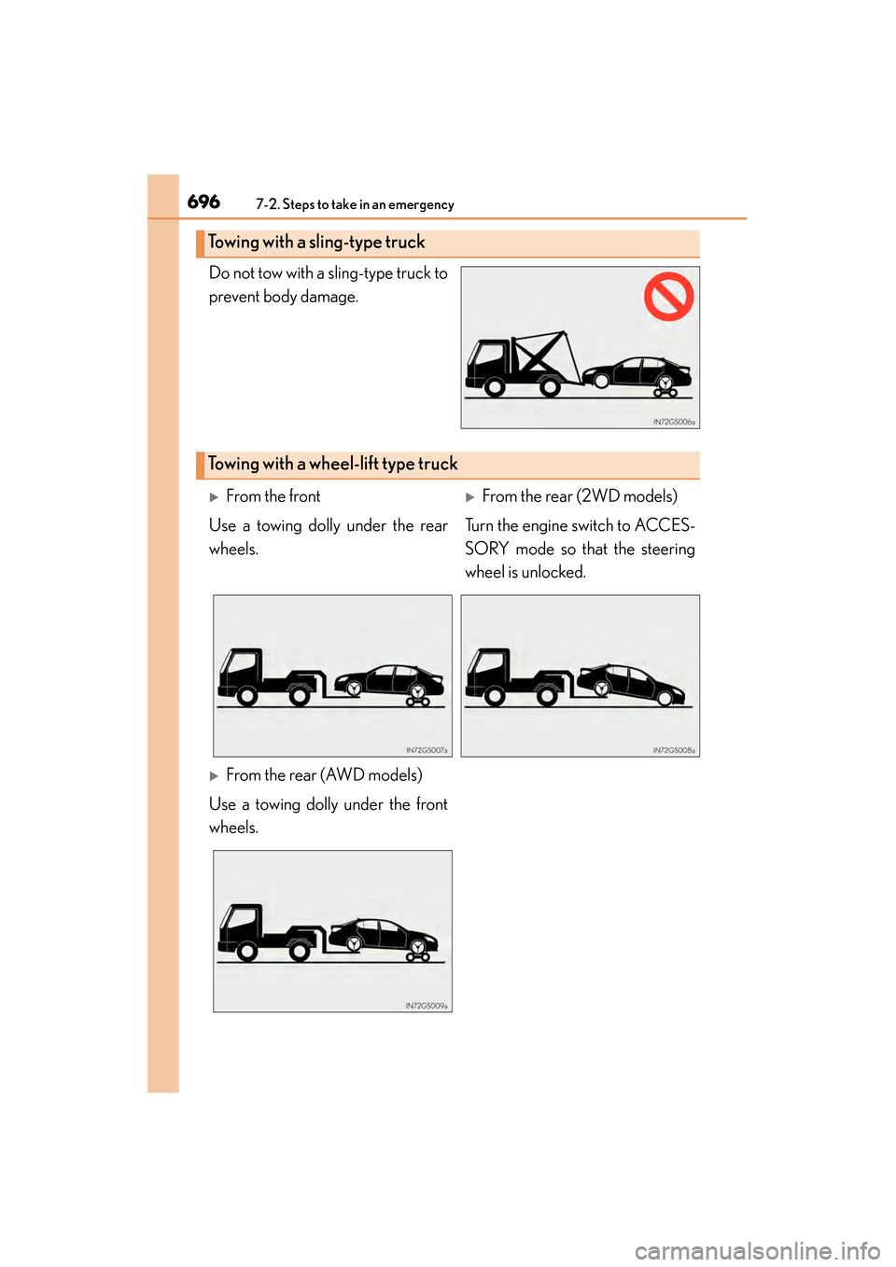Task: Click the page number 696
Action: tap(203, 202)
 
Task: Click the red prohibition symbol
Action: tap(668, 297)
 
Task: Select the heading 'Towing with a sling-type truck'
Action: tap(316, 243)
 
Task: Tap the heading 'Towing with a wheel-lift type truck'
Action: tap(332, 465)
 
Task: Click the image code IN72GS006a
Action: tap(674, 422)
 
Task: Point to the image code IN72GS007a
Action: tap(427, 750)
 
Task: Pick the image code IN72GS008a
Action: tap(674, 750)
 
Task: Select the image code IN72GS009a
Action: tap(427, 1006)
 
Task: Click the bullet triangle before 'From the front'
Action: tap(214, 497)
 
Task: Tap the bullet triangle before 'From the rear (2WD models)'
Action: tap(470, 497)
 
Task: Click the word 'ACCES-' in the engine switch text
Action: tap(665, 525)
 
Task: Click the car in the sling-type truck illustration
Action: tap(638, 373)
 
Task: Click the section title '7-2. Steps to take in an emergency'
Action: tap(355, 205)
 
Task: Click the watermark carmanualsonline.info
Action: tap(757, 1250)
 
